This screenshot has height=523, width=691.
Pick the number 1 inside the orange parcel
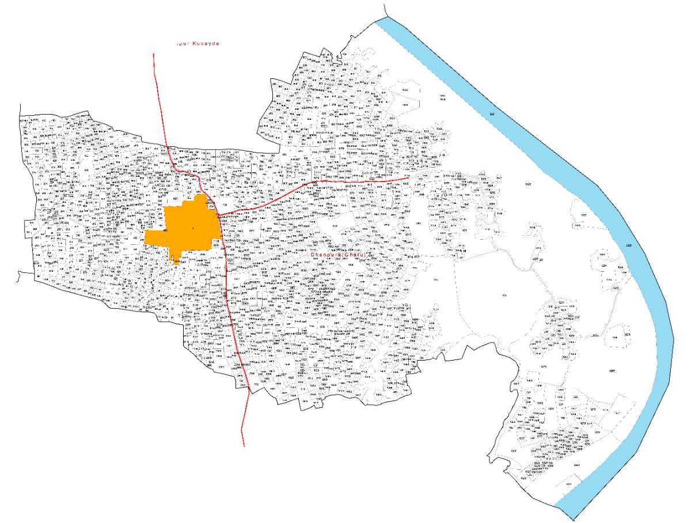tap(193, 230)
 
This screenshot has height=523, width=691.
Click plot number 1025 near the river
tap(528, 183)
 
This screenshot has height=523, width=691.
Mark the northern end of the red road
tap(154, 54)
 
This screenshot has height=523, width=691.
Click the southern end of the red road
tap(244, 446)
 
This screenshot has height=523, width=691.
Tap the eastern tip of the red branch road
tap(408, 178)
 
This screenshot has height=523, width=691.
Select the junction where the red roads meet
tap(219, 215)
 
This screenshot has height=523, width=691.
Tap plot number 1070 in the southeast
tap(543, 366)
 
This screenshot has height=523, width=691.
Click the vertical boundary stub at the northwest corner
tap(21, 111)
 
